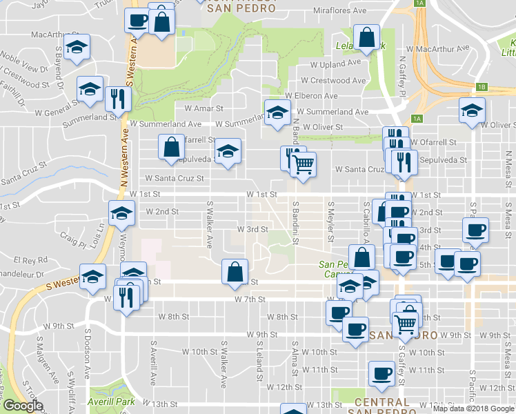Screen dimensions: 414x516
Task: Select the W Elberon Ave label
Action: (312, 96)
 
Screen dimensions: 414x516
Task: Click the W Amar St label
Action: (204, 108)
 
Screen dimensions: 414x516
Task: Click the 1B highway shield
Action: (482, 87)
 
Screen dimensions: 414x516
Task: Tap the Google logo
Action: (23, 406)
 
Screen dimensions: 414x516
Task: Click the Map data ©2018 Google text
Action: (474, 408)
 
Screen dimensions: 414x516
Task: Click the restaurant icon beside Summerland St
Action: (119, 99)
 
